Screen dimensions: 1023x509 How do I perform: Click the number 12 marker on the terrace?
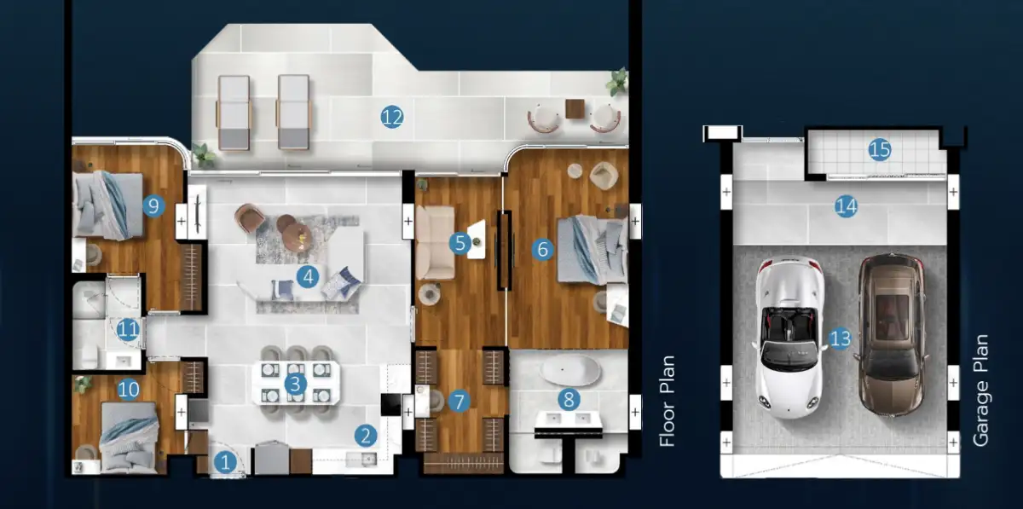click(x=392, y=117)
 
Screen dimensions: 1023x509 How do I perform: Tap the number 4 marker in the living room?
click(x=308, y=277)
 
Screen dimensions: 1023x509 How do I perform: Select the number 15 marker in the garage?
click(x=880, y=149)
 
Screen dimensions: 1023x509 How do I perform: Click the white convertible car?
click(x=789, y=338)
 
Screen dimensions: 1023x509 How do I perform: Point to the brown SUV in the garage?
click(x=891, y=336)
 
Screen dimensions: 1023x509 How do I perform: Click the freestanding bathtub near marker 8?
click(x=570, y=370)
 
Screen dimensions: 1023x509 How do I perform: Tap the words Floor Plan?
click(x=668, y=402)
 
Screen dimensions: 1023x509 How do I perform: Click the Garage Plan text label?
click(x=980, y=390)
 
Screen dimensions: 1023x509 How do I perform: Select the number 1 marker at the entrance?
click(x=225, y=462)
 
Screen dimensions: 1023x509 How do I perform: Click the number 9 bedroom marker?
click(x=153, y=206)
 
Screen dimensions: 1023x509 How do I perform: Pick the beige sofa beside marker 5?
click(x=436, y=242)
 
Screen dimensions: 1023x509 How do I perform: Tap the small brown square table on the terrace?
click(x=575, y=109)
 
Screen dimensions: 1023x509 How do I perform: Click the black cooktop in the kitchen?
click(x=391, y=405)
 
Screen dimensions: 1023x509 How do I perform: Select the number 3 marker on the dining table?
click(x=295, y=384)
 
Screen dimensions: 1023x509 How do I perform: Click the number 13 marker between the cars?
click(x=841, y=338)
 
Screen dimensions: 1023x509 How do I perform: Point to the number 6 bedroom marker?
click(x=542, y=249)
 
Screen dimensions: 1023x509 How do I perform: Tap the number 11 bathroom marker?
click(x=128, y=329)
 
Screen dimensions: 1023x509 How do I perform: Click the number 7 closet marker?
click(x=459, y=402)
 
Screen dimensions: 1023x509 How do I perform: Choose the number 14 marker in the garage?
click(x=846, y=206)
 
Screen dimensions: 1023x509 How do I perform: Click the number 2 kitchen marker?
click(x=366, y=436)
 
